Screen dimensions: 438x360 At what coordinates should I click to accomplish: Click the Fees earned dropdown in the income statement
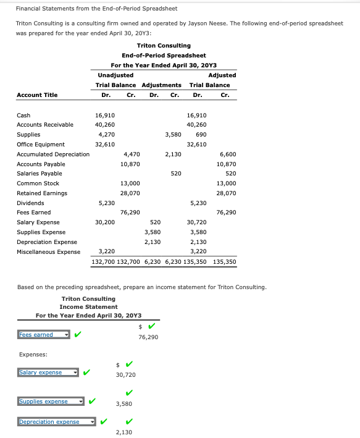click(42, 335)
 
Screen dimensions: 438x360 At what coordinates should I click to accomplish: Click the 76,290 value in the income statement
click(148, 337)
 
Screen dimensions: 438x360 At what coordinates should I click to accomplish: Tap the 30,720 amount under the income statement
click(125, 375)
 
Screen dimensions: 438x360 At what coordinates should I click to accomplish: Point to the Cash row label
click(23, 115)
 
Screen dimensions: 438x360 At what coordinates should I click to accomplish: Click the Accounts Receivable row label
click(44, 125)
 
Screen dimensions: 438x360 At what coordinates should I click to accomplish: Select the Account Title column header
click(37, 95)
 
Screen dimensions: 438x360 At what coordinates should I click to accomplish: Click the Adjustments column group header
click(161, 85)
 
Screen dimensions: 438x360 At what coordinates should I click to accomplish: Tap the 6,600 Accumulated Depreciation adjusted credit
click(227, 154)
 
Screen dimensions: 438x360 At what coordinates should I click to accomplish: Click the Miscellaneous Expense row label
click(48, 252)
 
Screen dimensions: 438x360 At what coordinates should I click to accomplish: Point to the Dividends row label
click(30, 203)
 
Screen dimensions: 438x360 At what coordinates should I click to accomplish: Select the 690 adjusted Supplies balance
click(201, 134)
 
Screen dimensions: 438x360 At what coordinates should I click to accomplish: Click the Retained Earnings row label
click(42, 193)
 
